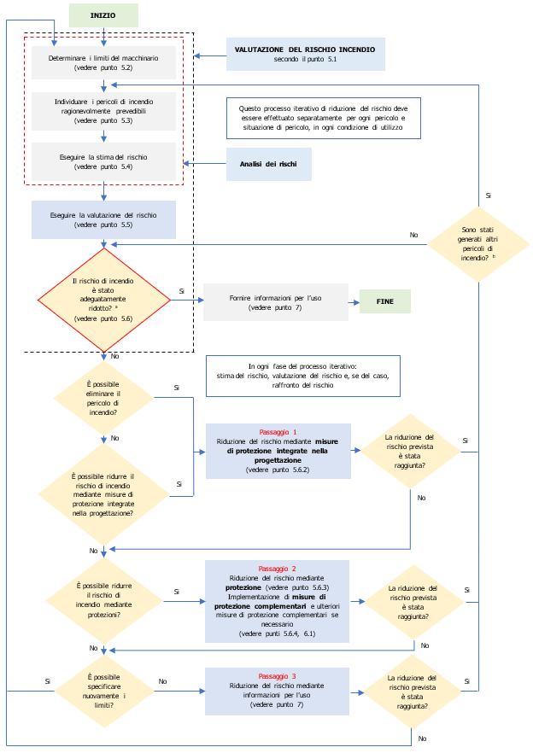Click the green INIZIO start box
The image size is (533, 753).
coord(103,15)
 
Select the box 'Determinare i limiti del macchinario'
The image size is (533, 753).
coord(103,61)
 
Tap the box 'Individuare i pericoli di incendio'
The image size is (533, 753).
coord(103,111)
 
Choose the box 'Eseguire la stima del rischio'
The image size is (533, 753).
coord(103,161)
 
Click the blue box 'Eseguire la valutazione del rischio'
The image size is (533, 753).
coord(103,219)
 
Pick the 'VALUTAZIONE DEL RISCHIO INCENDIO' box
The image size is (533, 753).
coord(305,54)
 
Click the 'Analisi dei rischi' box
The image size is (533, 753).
coord(269,163)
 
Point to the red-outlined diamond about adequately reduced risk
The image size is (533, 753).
coord(103,300)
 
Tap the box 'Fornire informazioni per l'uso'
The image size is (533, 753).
coord(276,301)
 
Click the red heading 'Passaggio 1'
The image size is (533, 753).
coord(278,433)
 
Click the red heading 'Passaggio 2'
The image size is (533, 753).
coord(277,569)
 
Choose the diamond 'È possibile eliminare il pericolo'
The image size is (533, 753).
coord(103,398)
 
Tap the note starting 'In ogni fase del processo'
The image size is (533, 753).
coord(302,376)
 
